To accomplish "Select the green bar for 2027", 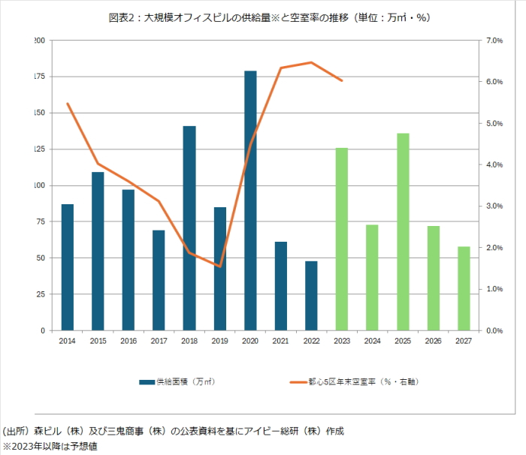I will click(x=464, y=288).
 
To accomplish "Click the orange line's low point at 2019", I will click(x=219, y=266).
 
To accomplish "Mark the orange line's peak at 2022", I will click(x=311, y=62).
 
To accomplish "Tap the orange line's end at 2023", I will click(x=342, y=80).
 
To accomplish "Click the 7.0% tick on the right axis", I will click(x=494, y=40).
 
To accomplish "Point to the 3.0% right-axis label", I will click(x=494, y=206).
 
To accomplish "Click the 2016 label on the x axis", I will click(x=128, y=341).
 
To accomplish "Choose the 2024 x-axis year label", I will click(x=373, y=341).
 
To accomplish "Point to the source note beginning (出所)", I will click(x=173, y=431).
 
